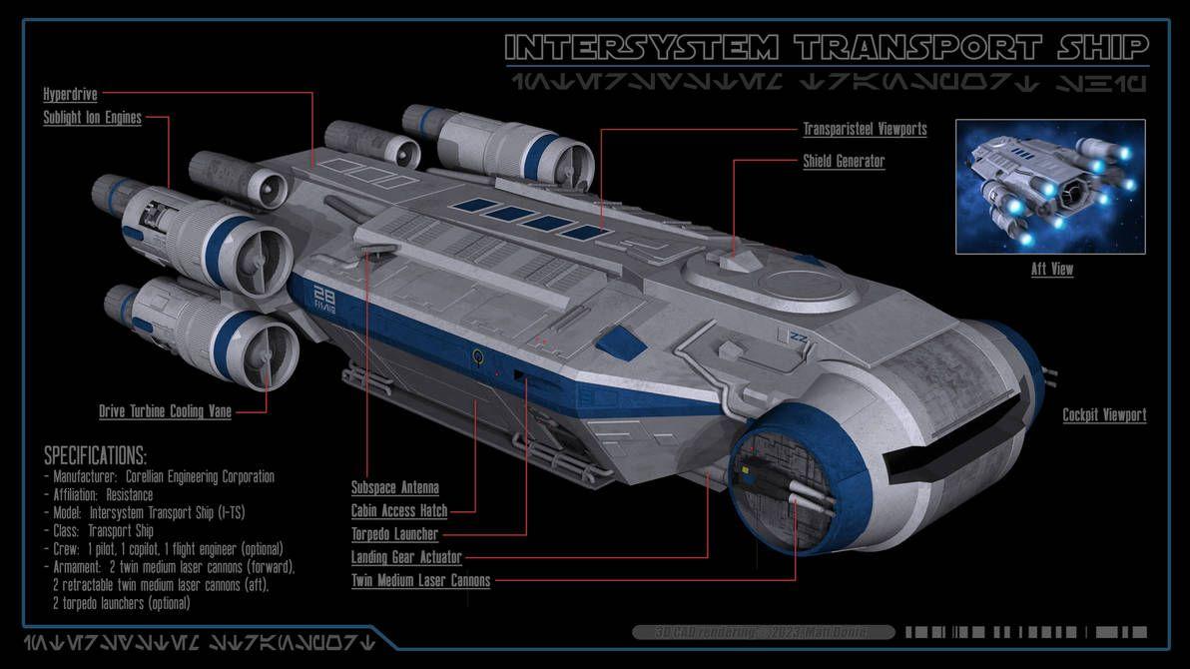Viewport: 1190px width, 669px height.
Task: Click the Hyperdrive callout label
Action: pyautogui.click(x=70, y=95)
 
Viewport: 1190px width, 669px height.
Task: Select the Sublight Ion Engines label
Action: pyautogui.click(x=92, y=118)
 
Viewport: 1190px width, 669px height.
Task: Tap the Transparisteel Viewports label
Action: pyautogui.click(x=865, y=129)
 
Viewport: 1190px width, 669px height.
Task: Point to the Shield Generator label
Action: pyautogui.click(x=844, y=161)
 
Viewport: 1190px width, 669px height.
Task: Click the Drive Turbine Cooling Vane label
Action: pyautogui.click(x=165, y=411)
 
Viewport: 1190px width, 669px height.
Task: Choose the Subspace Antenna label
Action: pyautogui.click(x=394, y=488)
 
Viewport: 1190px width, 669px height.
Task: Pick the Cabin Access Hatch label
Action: pyautogui.click(x=399, y=511)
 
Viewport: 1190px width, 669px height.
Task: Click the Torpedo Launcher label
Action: pyautogui.click(x=394, y=534)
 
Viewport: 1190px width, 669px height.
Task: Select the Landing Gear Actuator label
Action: pyautogui.click(x=406, y=557)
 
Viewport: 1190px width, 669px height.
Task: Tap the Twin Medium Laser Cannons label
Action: pyautogui.click(x=420, y=580)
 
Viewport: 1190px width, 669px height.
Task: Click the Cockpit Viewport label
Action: pyautogui.click(x=1104, y=415)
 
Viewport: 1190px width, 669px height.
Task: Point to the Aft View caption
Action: pyautogui.click(x=1052, y=270)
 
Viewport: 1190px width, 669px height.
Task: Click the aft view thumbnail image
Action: pyautogui.click(x=1050, y=187)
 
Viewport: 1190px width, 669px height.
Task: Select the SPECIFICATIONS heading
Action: pyautogui.click(x=95, y=456)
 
